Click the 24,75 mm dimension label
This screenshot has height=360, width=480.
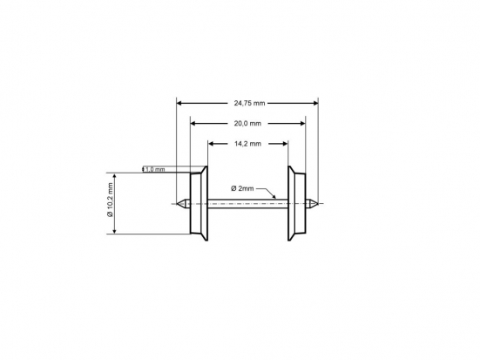(248, 103)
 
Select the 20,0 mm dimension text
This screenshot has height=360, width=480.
(248, 124)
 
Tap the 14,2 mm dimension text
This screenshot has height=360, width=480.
(248, 144)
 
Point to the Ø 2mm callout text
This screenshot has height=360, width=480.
(242, 188)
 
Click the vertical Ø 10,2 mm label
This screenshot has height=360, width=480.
(111, 203)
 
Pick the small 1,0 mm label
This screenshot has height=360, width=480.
(154, 169)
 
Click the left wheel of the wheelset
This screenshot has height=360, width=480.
(198, 203)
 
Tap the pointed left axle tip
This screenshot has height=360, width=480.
(181, 204)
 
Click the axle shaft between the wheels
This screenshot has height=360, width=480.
(248, 204)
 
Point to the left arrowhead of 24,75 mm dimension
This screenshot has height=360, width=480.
(180, 103)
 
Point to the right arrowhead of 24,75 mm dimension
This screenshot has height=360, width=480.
(314, 103)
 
